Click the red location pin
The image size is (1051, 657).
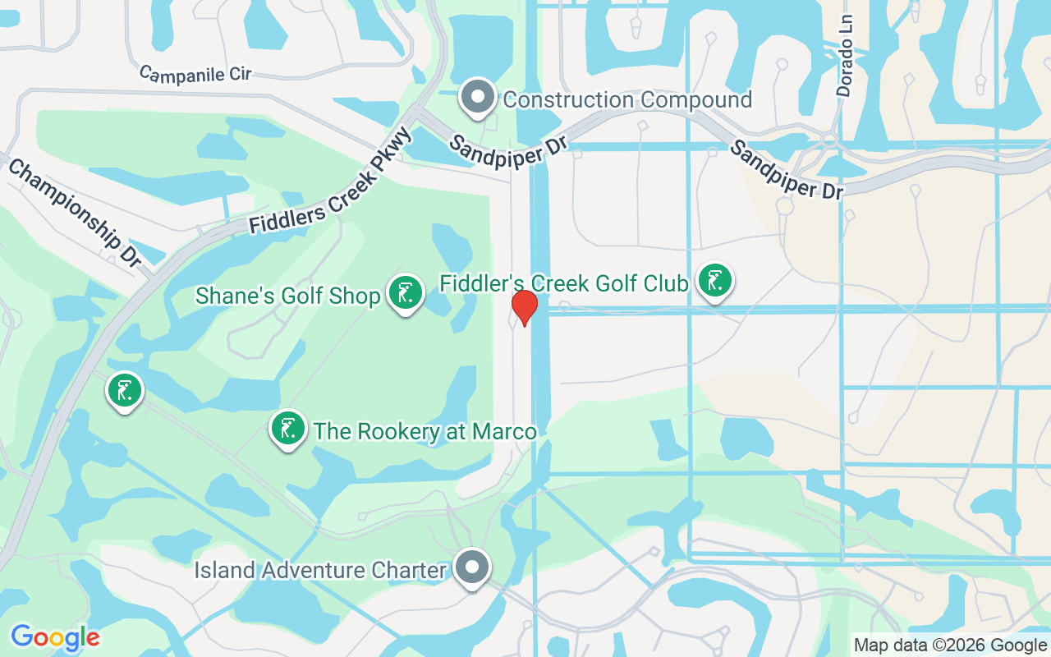pos(524,307)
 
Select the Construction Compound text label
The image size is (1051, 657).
pos(627,100)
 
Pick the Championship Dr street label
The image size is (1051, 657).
pos(75,211)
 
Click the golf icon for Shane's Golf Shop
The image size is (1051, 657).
pos(405,292)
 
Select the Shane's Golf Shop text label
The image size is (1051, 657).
pos(288,296)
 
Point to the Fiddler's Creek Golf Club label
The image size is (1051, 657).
pos(563,284)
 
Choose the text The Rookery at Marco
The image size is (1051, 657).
pos(425,431)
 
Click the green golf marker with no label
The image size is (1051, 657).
pos(125,390)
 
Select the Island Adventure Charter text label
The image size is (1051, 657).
pos(320,570)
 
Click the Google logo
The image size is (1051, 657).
pos(55,637)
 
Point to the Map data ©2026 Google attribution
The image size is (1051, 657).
pos(950,646)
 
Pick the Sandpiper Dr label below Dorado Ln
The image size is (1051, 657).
pos(786,169)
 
